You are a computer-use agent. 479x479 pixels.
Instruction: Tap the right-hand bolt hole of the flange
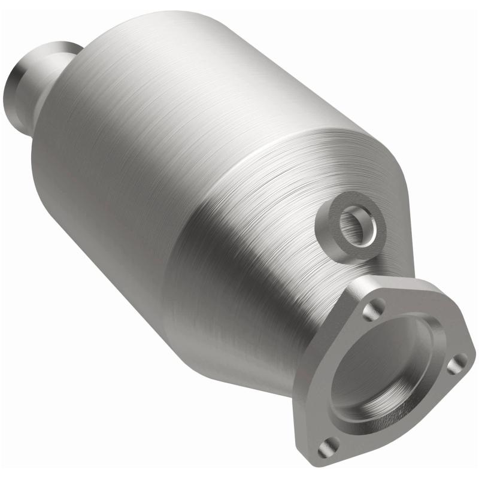point(457,361)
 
